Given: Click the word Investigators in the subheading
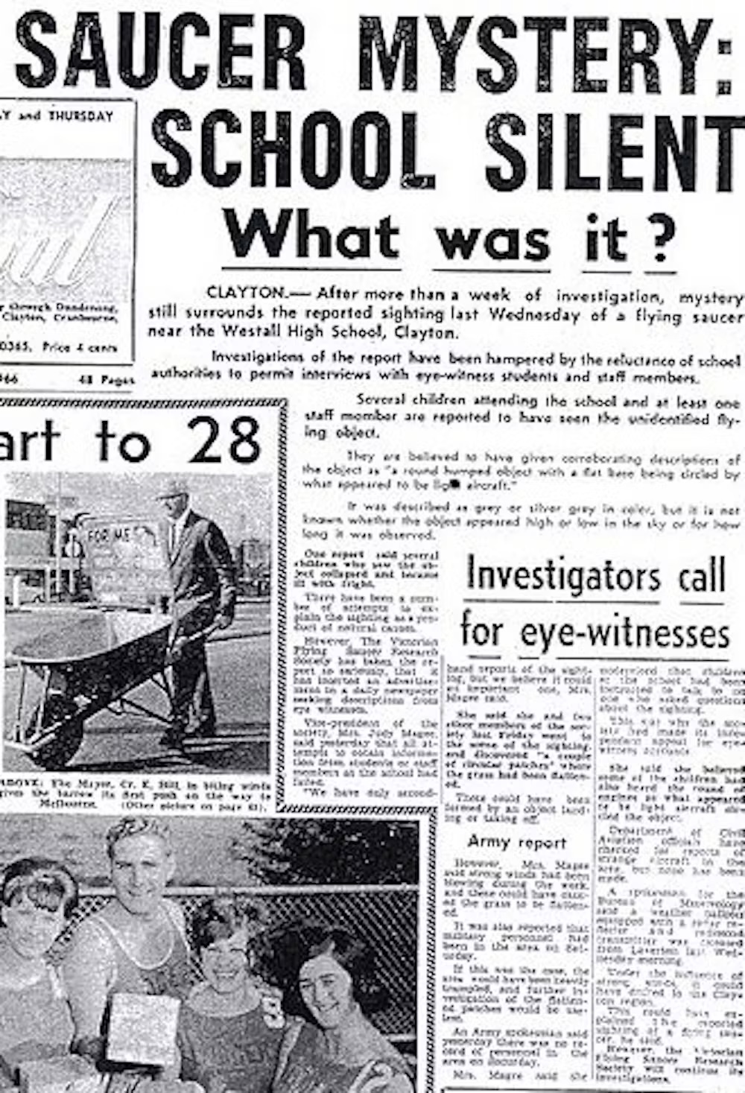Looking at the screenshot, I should pos(563,575).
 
